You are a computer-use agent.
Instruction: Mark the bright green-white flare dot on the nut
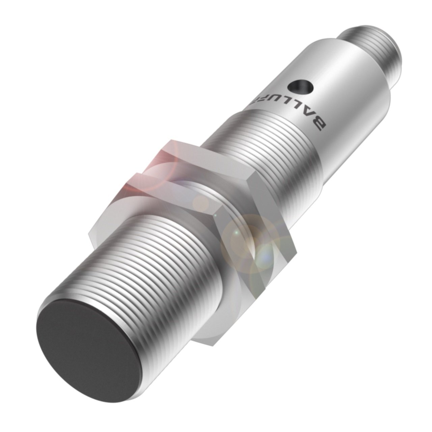coord(236,233)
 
